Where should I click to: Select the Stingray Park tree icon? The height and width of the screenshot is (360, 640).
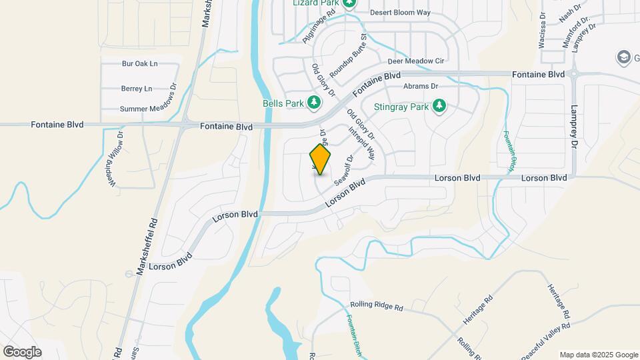tap(439, 106)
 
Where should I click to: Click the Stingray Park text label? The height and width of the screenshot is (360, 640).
tap(401, 106)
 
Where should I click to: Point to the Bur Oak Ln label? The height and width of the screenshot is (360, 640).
tap(139, 64)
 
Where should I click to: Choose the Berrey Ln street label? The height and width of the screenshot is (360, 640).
tap(137, 88)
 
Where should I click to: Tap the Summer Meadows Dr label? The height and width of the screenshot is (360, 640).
tap(147, 109)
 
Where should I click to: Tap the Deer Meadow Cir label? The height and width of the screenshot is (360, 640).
tap(415, 61)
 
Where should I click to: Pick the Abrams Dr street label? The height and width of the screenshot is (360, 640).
tap(420, 86)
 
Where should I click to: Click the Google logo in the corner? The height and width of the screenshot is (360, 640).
tap(22, 352)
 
